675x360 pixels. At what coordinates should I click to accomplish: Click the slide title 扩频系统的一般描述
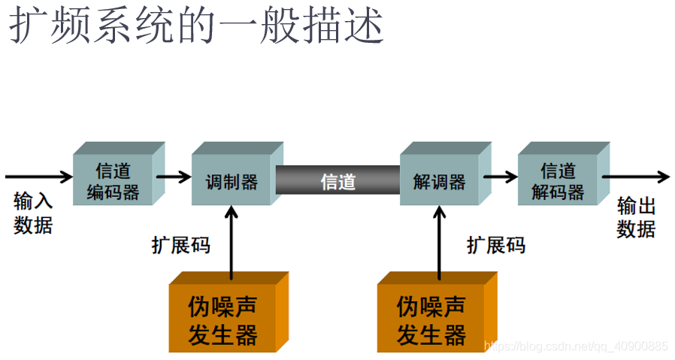click(197, 28)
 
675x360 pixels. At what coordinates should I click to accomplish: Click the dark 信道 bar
click(337, 181)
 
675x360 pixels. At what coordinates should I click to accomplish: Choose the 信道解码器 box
click(558, 181)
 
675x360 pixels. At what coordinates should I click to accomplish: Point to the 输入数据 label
click(34, 213)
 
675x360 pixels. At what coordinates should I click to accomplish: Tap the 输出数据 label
click(636, 217)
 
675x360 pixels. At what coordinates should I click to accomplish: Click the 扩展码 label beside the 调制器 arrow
click(180, 245)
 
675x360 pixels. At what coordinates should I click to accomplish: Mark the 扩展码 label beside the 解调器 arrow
click(495, 245)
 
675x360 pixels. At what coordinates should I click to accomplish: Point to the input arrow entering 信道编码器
click(38, 177)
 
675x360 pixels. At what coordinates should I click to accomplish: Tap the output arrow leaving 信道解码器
click(635, 177)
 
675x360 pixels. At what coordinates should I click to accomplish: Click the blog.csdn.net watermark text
click(576, 346)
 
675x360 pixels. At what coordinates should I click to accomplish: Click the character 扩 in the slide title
click(28, 28)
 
